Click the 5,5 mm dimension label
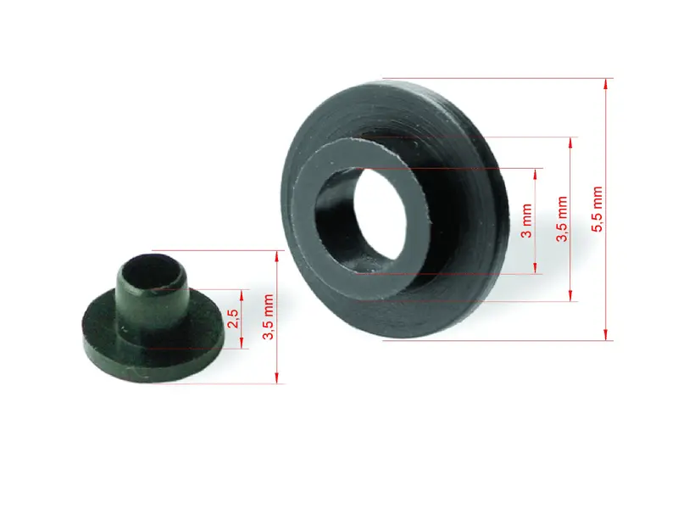(x=597, y=209)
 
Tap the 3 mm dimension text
(x=526, y=221)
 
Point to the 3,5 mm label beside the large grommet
(x=562, y=219)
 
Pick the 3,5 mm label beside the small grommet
(x=269, y=316)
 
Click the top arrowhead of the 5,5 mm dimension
(x=606, y=84)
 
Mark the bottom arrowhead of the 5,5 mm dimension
(x=606, y=334)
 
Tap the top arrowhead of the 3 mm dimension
(x=536, y=174)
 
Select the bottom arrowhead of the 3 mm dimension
(x=536, y=268)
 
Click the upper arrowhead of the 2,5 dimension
(x=242, y=295)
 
